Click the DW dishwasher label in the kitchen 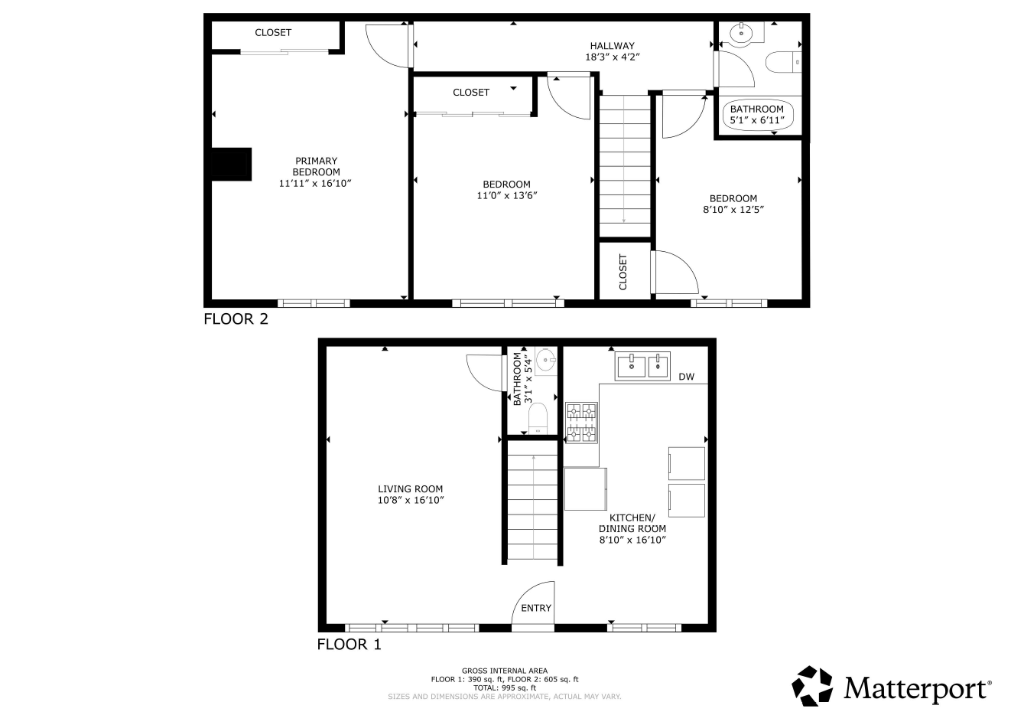point(686,377)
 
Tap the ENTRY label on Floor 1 point(536,609)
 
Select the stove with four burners point(581,423)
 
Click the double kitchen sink point(643,366)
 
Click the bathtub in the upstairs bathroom point(757,115)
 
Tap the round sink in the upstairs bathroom point(741,34)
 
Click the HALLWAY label point(612,46)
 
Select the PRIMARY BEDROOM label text point(316,166)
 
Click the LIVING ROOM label point(410,489)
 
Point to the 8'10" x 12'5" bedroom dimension point(733,209)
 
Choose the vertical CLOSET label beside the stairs point(623,272)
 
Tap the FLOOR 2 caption point(236,319)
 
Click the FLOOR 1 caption point(349,645)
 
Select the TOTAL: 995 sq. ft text point(505,688)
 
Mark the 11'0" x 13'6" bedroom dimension point(506,195)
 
